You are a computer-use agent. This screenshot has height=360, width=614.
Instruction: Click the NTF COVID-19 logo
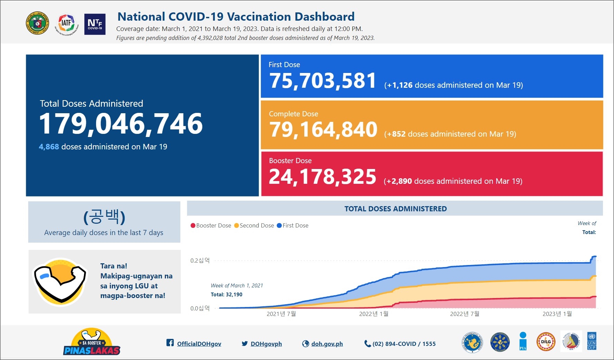click(x=95, y=24)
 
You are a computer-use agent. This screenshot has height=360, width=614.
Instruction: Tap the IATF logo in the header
click(x=66, y=24)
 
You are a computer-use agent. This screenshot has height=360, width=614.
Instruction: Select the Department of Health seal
click(x=38, y=24)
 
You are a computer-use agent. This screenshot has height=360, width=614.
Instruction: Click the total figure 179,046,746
click(x=121, y=124)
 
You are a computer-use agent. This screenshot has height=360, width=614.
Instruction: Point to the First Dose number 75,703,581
click(x=322, y=81)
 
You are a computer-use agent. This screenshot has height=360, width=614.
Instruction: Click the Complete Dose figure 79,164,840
click(x=323, y=130)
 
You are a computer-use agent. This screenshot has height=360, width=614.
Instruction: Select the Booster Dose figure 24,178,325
click(x=322, y=177)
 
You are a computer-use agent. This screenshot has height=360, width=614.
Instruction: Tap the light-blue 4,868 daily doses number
click(x=49, y=147)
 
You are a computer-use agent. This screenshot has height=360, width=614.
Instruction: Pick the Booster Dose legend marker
click(x=193, y=225)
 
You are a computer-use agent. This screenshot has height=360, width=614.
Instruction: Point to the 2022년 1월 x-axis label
click(x=373, y=314)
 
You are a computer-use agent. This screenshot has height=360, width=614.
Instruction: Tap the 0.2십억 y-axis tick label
click(x=200, y=261)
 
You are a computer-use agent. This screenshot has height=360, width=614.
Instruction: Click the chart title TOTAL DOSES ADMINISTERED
click(x=395, y=209)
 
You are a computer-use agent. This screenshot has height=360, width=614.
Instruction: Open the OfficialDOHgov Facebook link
click(x=199, y=344)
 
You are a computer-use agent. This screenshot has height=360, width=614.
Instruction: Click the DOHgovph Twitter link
click(x=266, y=344)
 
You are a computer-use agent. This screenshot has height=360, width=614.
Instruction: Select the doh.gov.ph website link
click(x=327, y=344)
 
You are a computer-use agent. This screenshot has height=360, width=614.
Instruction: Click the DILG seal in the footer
click(x=546, y=342)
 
